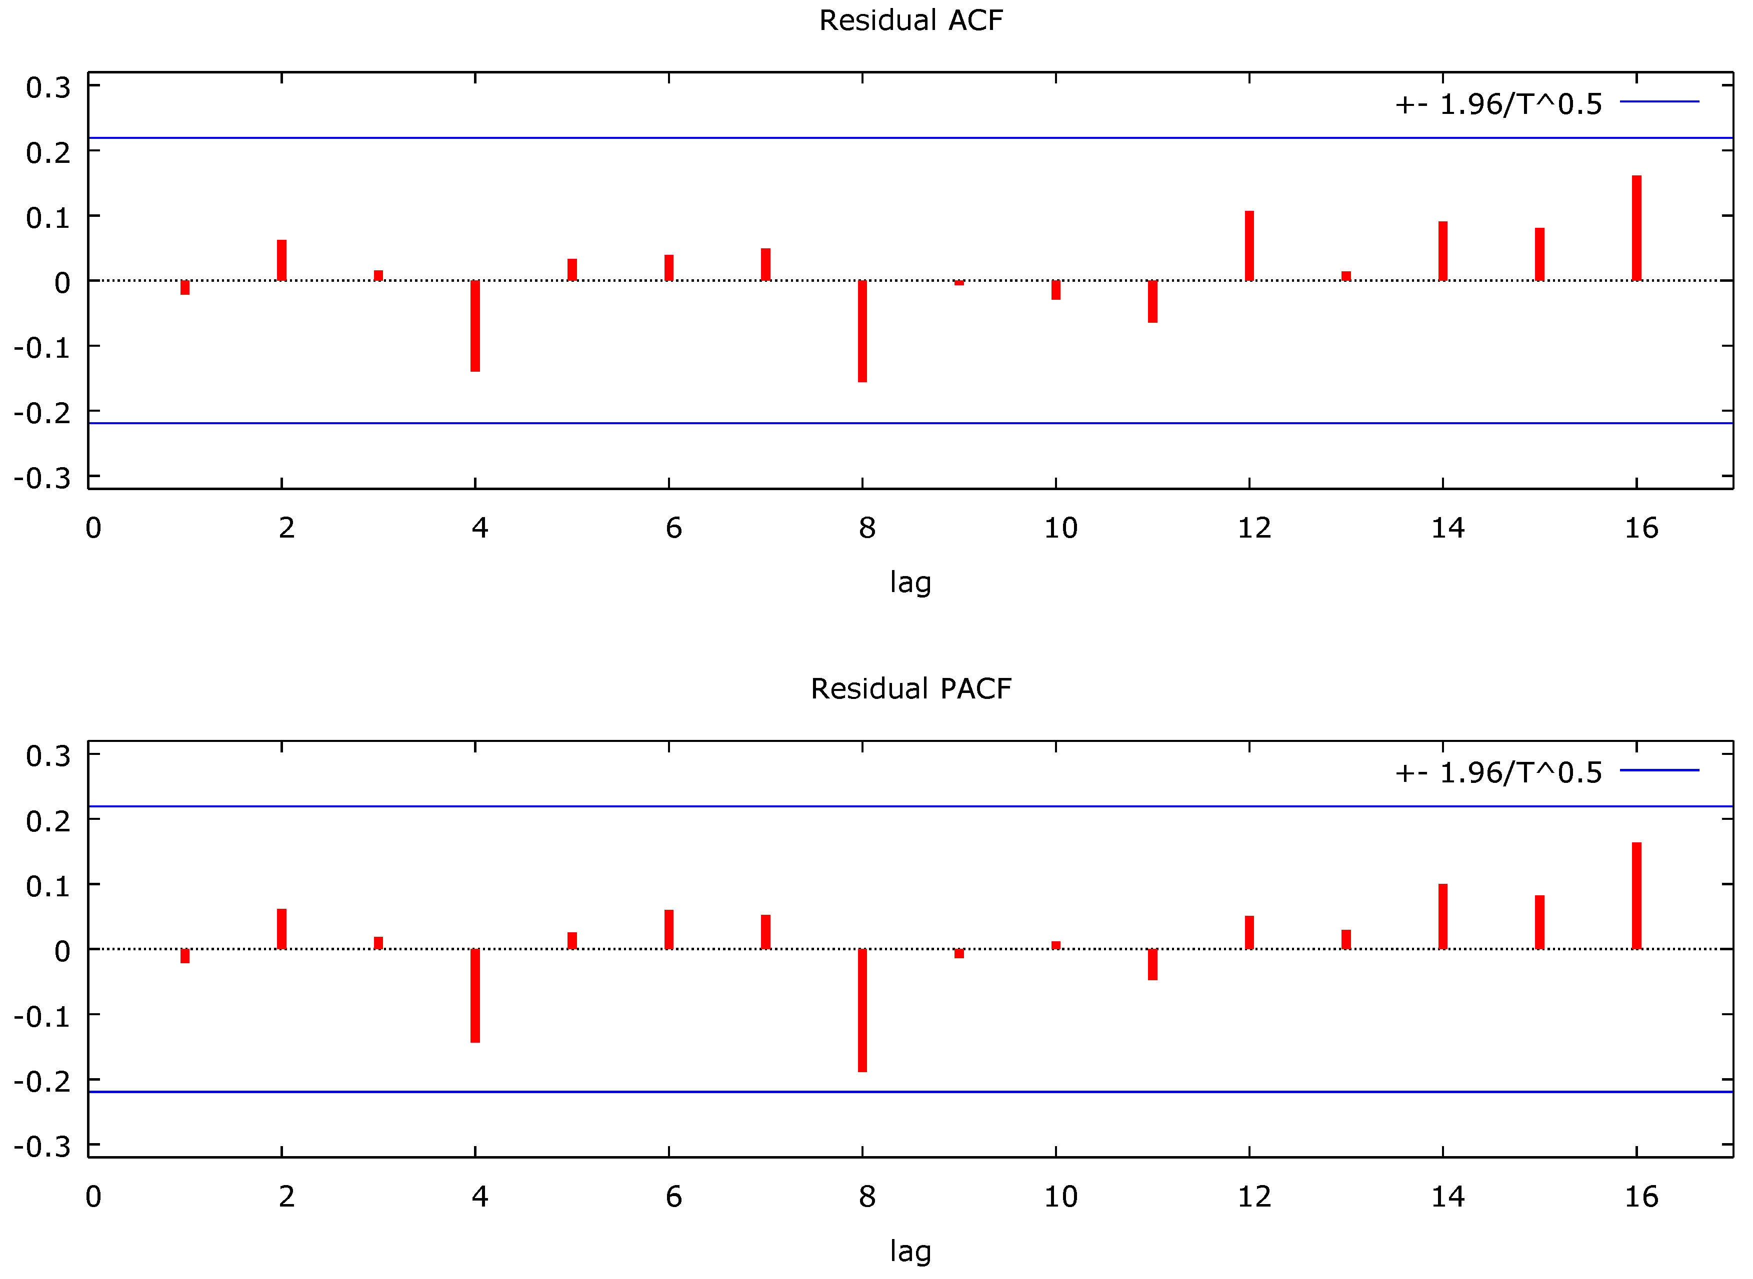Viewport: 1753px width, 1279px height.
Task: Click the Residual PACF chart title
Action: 911,688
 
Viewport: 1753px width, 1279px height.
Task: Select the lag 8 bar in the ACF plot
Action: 862,331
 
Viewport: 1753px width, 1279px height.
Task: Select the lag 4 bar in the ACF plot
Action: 475,326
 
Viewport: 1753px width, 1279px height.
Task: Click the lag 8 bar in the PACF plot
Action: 862,1010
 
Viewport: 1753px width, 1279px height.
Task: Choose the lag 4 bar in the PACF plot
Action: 475,996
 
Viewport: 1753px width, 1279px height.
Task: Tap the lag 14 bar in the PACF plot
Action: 1442,917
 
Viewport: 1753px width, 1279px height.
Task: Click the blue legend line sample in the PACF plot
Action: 1659,770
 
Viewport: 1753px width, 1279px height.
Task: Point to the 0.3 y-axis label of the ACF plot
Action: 48,87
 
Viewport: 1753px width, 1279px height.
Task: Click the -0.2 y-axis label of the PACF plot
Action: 42,1082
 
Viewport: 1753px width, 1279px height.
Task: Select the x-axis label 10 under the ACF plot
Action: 1060,528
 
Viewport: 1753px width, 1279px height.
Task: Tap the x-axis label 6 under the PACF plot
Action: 673,1197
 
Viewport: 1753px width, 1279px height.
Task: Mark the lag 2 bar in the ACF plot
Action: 281,261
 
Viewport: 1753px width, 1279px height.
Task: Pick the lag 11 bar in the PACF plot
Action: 1152,965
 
